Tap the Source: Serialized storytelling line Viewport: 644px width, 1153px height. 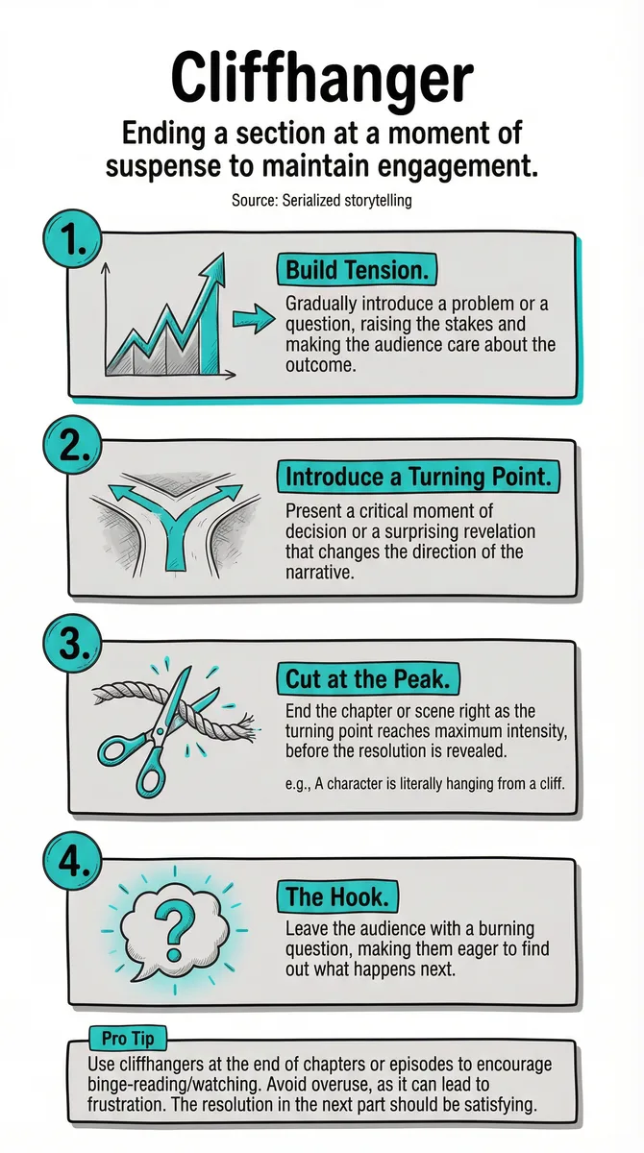(x=322, y=200)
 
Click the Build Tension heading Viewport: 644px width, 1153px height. (x=357, y=270)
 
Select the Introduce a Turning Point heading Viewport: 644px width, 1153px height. (x=418, y=477)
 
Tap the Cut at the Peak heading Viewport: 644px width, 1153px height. (x=367, y=679)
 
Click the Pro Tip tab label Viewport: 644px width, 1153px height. (x=128, y=1039)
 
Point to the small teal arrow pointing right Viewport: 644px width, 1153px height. (x=254, y=320)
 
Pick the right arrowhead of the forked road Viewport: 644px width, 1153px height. (x=227, y=492)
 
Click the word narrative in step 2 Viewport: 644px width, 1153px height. (x=319, y=572)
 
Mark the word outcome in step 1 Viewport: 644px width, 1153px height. (x=320, y=365)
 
